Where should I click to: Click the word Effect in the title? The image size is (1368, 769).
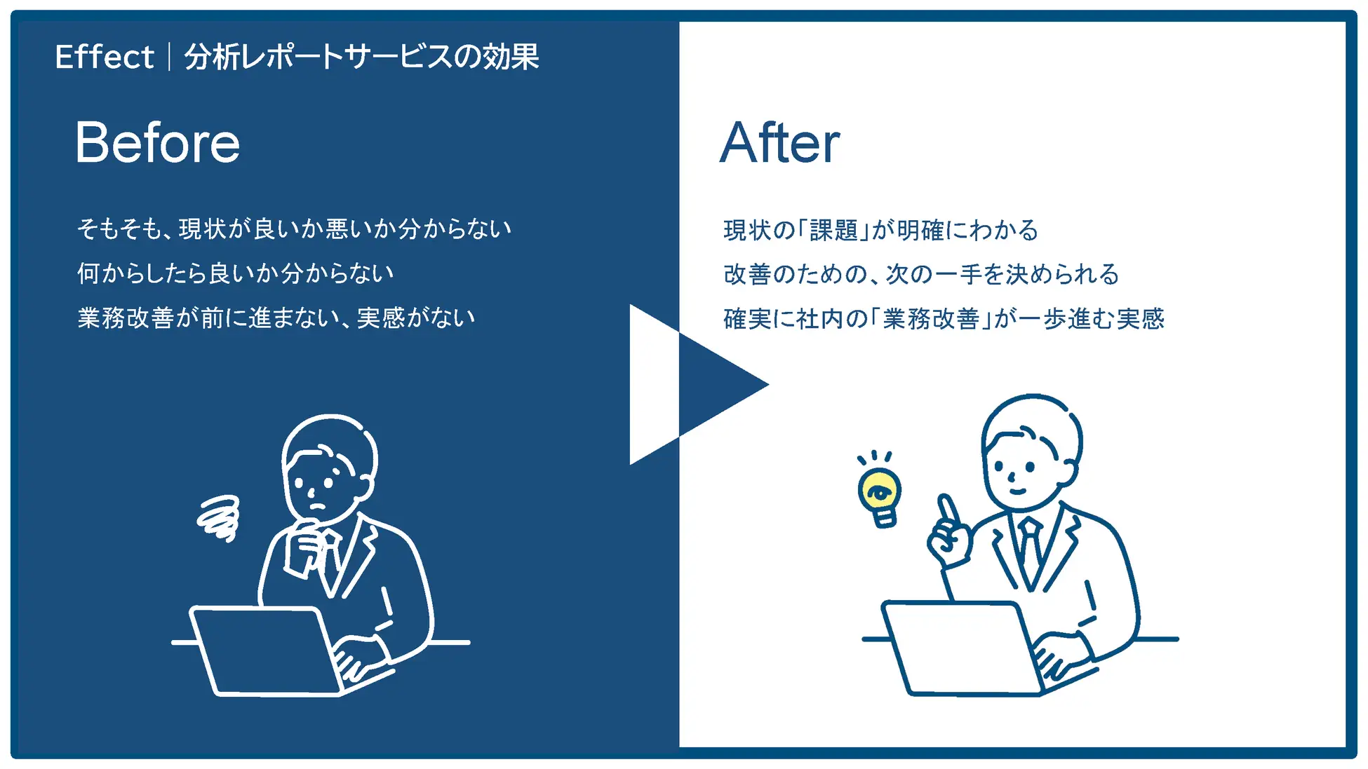click(x=105, y=57)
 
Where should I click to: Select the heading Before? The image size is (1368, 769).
click(x=158, y=142)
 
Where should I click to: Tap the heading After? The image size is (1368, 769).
click(x=779, y=142)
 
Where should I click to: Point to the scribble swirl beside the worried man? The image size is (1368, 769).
click(x=219, y=518)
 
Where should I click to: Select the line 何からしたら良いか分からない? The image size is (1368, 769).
click(x=236, y=273)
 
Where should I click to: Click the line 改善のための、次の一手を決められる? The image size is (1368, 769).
click(x=921, y=274)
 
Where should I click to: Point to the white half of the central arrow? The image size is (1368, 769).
click(x=652, y=384)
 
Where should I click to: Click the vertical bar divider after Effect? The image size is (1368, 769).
click(x=169, y=57)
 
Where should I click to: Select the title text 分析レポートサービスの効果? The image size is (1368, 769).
click(x=362, y=57)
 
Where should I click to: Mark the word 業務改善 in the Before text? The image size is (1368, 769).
click(x=126, y=318)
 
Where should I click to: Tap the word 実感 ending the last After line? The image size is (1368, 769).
click(x=1140, y=319)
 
